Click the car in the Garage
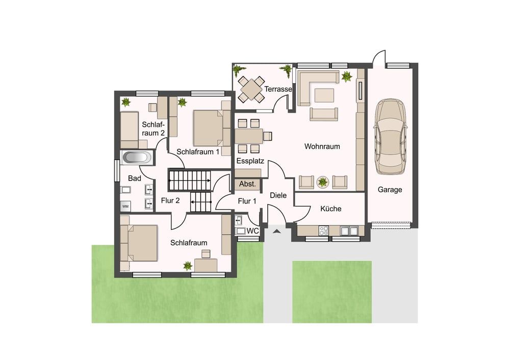click(x=390, y=136)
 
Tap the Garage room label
click(x=390, y=190)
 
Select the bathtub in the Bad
click(x=137, y=158)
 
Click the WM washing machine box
click(x=125, y=206)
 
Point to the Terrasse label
click(x=278, y=89)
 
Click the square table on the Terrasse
click(x=251, y=88)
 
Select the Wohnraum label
click(x=322, y=146)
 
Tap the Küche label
click(x=331, y=209)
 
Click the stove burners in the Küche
click(x=324, y=230)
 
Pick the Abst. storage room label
click(x=247, y=184)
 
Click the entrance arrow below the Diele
click(x=276, y=231)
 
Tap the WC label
click(x=253, y=231)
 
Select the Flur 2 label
click(x=170, y=200)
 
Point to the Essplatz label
click(x=250, y=161)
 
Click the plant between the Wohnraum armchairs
click(x=323, y=182)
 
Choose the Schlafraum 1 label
click(x=198, y=151)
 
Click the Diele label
click(x=278, y=195)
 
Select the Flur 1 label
click(x=247, y=201)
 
